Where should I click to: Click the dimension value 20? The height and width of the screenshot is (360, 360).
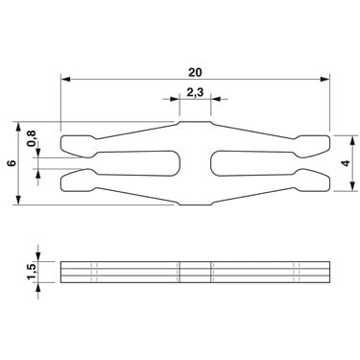coord(195,72)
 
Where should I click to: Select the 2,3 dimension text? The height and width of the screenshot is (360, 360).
coord(195,93)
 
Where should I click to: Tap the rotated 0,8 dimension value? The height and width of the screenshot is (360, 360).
coord(32,138)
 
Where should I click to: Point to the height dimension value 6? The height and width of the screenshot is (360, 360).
coord(12,163)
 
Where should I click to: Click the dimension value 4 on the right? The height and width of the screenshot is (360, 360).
coord(346,163)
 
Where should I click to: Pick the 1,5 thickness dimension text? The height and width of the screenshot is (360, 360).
coord(33,272)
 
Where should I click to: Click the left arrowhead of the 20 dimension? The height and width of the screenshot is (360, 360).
coord(65,79)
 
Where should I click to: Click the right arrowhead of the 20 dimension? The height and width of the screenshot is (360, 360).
coord(324,79)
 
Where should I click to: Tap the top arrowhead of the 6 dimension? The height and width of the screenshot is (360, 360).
coord(18,127)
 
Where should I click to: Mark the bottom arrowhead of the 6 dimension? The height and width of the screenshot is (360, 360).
coord(18,200)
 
